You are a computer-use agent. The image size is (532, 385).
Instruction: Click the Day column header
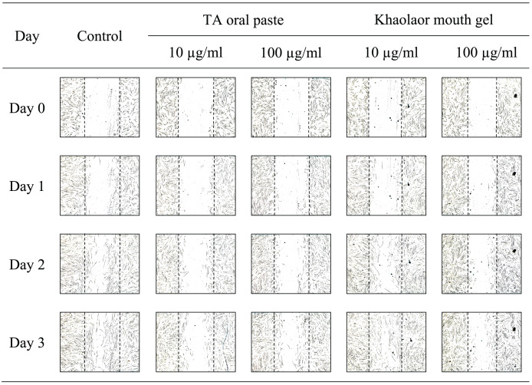tap(27, 35)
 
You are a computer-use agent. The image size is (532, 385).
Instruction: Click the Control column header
tap(100, 35)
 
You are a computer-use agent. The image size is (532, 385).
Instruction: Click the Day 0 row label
tap(27, 107)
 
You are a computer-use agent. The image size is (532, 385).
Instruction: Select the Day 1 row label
tap(27, 186)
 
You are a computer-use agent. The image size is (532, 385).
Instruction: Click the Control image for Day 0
tap(100, 107)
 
